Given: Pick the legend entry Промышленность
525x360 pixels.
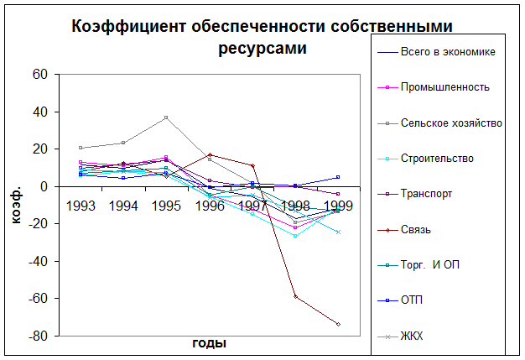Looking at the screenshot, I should (x=445, y=86).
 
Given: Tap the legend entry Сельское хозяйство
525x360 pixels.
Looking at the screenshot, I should (x=451, y=123).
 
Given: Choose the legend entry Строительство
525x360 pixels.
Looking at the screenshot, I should (x=437, y=158).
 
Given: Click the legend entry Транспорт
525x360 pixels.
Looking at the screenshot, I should (x=427, y=193).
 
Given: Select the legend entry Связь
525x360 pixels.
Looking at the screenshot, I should (x=417, y=229).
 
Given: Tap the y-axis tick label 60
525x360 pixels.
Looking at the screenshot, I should (x=40, y=74).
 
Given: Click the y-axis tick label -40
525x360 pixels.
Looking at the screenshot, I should (x=37, y=261).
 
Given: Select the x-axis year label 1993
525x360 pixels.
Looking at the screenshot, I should (x=81, y=205).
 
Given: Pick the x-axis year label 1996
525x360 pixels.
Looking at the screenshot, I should (x=210, y=205).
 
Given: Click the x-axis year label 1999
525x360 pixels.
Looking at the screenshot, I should (x=338, y=205).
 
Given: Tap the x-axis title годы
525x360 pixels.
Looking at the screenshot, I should (x=209, y=343).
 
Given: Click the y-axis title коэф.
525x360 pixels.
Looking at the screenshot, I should (x=18, y=205).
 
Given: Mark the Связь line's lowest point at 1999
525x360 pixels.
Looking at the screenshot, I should (x=338, y=324).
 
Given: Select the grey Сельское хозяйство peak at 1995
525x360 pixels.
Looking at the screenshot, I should (x=166, y=117).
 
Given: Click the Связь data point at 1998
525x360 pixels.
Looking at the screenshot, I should (x=295, y=296).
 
